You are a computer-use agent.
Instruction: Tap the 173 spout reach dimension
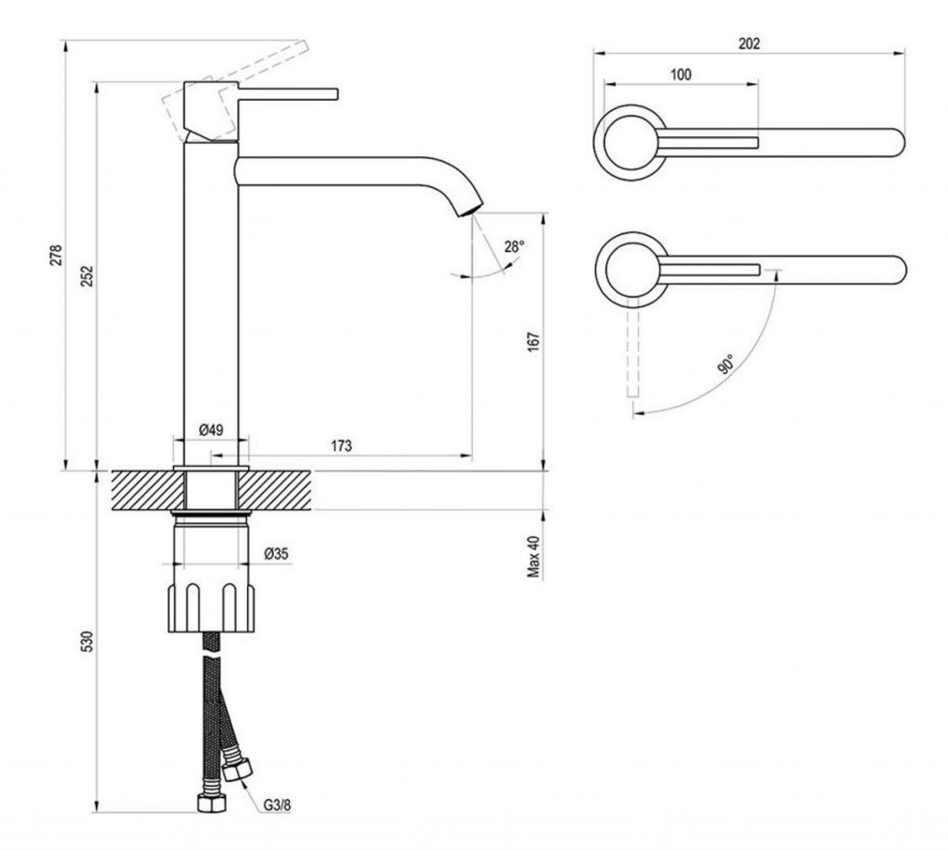click(x=341, y=446)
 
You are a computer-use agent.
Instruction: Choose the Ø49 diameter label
click(x=211, y=430)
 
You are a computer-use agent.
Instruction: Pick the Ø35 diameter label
click(x=277, y=554)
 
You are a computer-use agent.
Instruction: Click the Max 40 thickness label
click(x=534, y=556)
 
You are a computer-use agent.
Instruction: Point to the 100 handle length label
click(x=680, y=74)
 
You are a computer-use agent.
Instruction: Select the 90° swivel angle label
click(x=724, y=363)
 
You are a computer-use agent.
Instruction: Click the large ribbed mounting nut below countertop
click(x=211, y=606)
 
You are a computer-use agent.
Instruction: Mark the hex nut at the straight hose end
click(x=210, y=798)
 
